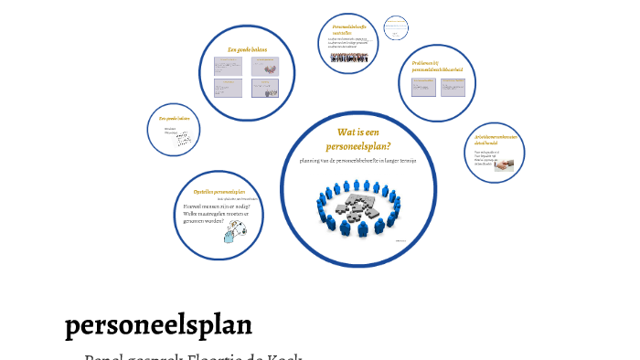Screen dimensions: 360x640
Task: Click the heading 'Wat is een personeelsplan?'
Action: [357, 139]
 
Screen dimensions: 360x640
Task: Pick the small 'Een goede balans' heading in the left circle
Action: [174, 118]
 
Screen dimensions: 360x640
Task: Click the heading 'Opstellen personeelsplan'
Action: [219, 192]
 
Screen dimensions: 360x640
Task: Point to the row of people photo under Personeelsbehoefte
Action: [349, 58]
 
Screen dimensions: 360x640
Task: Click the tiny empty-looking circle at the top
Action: [395, 28]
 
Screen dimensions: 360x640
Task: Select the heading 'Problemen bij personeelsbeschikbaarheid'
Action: [437, 67]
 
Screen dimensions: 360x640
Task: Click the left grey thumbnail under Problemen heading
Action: [423, 88]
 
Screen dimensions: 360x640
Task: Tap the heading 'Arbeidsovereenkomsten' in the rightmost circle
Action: [494, 140]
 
